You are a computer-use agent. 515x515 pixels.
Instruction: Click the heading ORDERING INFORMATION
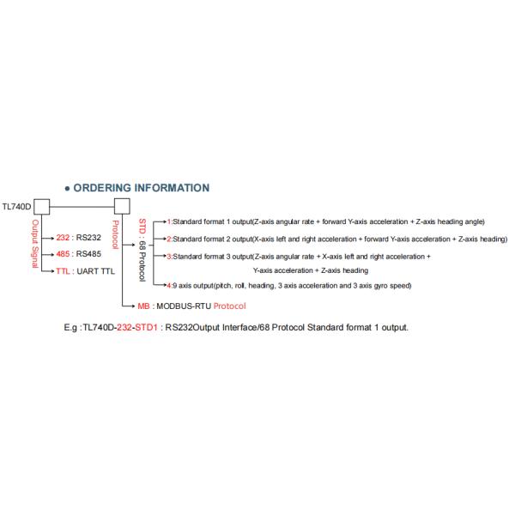[142, 187]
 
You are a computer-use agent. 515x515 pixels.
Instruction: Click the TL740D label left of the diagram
[17, 207]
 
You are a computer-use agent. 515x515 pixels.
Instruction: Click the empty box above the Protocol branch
[122, 207]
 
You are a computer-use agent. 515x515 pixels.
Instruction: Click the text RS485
[89, 254]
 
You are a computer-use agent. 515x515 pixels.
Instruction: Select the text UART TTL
[97, 270]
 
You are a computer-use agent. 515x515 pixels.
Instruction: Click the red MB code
[145, 305]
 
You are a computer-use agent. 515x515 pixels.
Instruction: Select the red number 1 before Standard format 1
[169, 222]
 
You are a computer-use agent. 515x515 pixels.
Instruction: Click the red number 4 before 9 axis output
[169, 285]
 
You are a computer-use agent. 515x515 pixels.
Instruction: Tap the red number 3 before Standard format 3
[169, 256]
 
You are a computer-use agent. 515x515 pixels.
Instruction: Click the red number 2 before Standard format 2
[169, 239]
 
